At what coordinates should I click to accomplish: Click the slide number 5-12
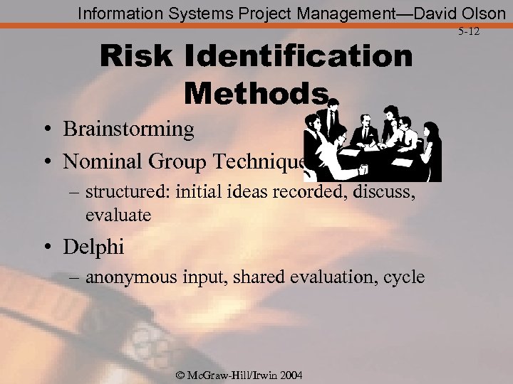pyautogui.click(x=468, y=32)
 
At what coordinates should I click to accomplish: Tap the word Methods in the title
pyautogui.click(x=256, y=92)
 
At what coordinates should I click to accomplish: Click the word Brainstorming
pyautogui.click(x=128, y=129)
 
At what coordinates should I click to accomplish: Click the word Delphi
pyautogui.click(x=93, y=247)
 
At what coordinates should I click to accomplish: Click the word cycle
pyautogui.click(x=403, y=277)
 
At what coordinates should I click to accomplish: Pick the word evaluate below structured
pyautogui.click(x=118, y=215)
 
